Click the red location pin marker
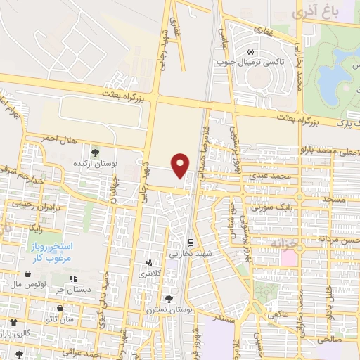pyautogui.click(x=181, y=165)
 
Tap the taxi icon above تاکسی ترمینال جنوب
pyautogui.click(x=251, y=51)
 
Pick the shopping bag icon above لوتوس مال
pyautogui.click(x=27, y=274)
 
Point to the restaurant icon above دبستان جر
pyautogui.click(x=74, y=278)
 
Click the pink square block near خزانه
pyautogui.click(x=289, y=257)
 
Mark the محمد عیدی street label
pyautogui.click(x=273, y=174)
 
